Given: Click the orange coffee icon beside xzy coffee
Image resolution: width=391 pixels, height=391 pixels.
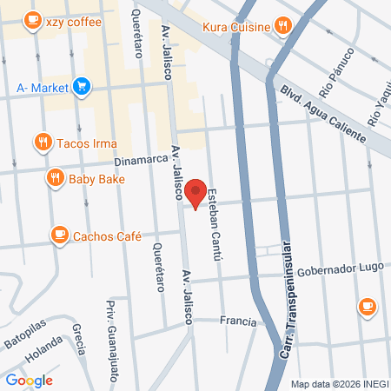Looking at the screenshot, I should [32, 23].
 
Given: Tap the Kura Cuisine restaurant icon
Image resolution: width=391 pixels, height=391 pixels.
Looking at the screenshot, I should [282, 26].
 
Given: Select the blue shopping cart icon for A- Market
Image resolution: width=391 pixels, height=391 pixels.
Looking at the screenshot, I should [81, 86].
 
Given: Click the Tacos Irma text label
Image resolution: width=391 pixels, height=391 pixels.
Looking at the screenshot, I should [86, 142].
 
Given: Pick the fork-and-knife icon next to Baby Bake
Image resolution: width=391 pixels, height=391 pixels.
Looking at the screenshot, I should [55, 179].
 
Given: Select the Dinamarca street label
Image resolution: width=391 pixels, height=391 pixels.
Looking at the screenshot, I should [139, 162].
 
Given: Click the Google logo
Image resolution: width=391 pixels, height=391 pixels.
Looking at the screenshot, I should [29, 380].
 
